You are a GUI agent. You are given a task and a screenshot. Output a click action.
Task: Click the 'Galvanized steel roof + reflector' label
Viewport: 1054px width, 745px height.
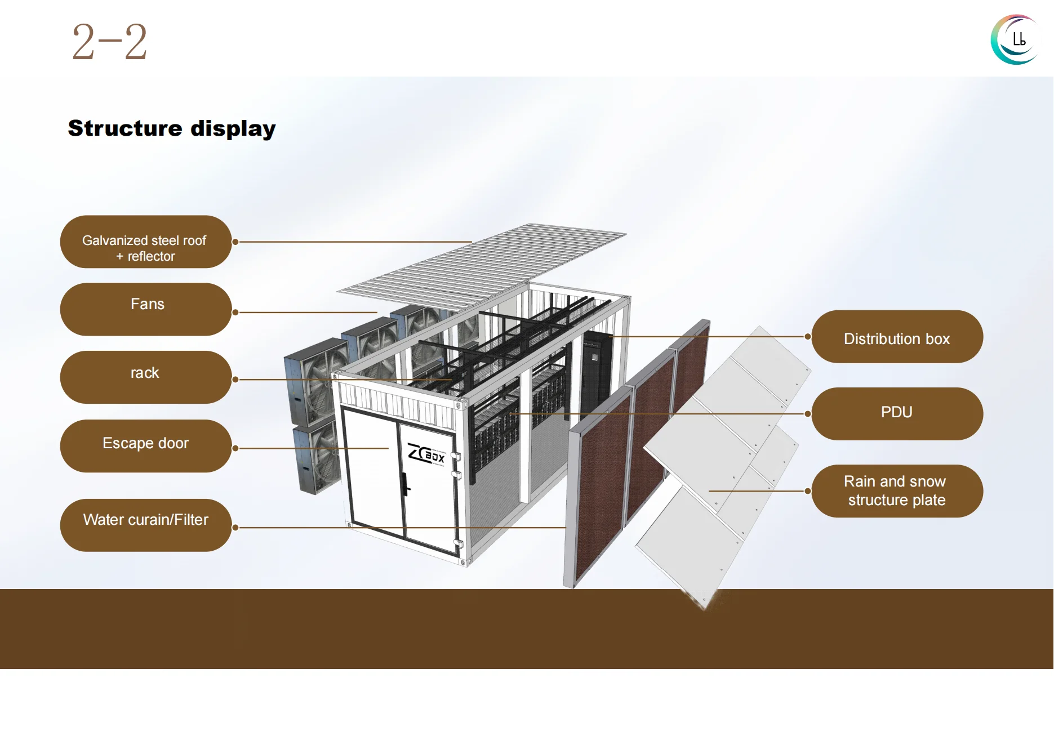click(x=145, y=242)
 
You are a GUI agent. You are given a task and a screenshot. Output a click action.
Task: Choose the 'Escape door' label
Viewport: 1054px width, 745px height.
click(x=145, y=445)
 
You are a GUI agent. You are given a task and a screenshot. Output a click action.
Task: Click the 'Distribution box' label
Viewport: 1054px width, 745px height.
click(x=897, y=337)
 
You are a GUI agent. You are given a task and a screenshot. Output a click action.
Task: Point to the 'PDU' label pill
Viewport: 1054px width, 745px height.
click(x=897, y=413)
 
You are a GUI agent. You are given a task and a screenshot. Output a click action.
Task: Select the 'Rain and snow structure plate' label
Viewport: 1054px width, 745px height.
click(x=897, y=490)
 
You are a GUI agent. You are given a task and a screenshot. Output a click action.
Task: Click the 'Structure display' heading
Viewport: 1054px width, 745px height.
click(x=172, y=128)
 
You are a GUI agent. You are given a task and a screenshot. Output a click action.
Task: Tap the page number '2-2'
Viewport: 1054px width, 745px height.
click(x=109, y=42)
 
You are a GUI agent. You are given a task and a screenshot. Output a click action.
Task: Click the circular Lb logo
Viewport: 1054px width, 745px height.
click(x=1015, y=39)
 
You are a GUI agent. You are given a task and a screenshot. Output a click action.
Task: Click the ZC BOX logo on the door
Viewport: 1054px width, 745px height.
click(x=426, y=454)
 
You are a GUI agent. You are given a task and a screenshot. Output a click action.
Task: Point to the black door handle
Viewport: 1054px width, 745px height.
click(x=405, y=484)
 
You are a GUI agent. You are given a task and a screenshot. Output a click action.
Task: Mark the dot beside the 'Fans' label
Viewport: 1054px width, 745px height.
click(x=235, y=313)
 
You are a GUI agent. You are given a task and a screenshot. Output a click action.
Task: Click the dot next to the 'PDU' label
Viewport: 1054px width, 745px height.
click(x=807, y=414)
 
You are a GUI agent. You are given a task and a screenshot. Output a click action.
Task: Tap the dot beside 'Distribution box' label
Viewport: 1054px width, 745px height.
click(x=807, y=337)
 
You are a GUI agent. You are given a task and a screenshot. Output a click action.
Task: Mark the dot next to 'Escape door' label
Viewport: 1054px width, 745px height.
click(x=235, y=449)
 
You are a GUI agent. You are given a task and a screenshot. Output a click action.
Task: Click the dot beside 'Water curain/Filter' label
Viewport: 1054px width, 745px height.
click(x=235, y=528)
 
